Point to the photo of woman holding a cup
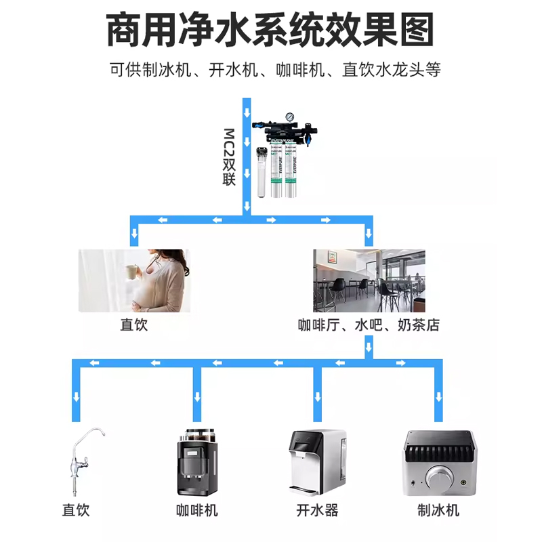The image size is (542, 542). pos(134,280)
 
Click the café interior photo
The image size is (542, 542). pos(369,280)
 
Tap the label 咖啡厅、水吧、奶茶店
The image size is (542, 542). pos(369,325)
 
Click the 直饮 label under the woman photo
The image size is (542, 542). pos(133,325)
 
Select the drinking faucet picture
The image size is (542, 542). pos(83,461)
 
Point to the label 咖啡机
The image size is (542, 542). pos(197,510)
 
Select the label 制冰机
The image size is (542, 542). pos(438,510)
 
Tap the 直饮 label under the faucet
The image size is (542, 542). pos(76,510)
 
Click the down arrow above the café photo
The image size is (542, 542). pos(369,235)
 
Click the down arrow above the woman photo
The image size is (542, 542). pos(134,235)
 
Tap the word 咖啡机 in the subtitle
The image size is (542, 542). pos(299,69)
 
